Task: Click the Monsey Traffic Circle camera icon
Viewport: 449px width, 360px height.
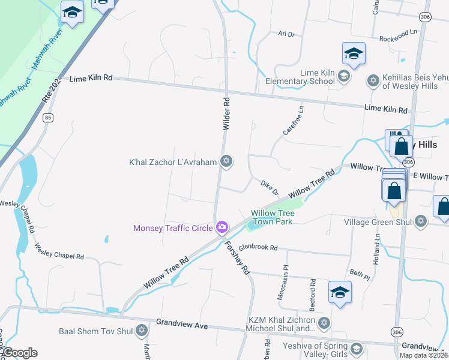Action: [x=222, y=227]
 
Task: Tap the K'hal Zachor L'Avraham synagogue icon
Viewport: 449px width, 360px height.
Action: [x=226, y=161]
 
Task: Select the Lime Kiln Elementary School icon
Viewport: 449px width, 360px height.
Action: [x=343, y=76]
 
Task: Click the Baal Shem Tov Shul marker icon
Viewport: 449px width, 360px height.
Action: [x=142, y=330]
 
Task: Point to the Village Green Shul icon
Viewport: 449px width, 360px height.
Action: [x=421, y=221]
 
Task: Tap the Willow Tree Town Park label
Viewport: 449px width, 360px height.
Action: [x=272, y=217]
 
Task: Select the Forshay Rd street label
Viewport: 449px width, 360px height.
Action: [x=237, y=257]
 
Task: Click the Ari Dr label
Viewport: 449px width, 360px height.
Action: [x=286, y=35]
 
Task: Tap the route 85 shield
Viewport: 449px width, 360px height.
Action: [x=48, y=118]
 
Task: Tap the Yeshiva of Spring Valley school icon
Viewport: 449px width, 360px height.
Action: [x=357, y=349]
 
